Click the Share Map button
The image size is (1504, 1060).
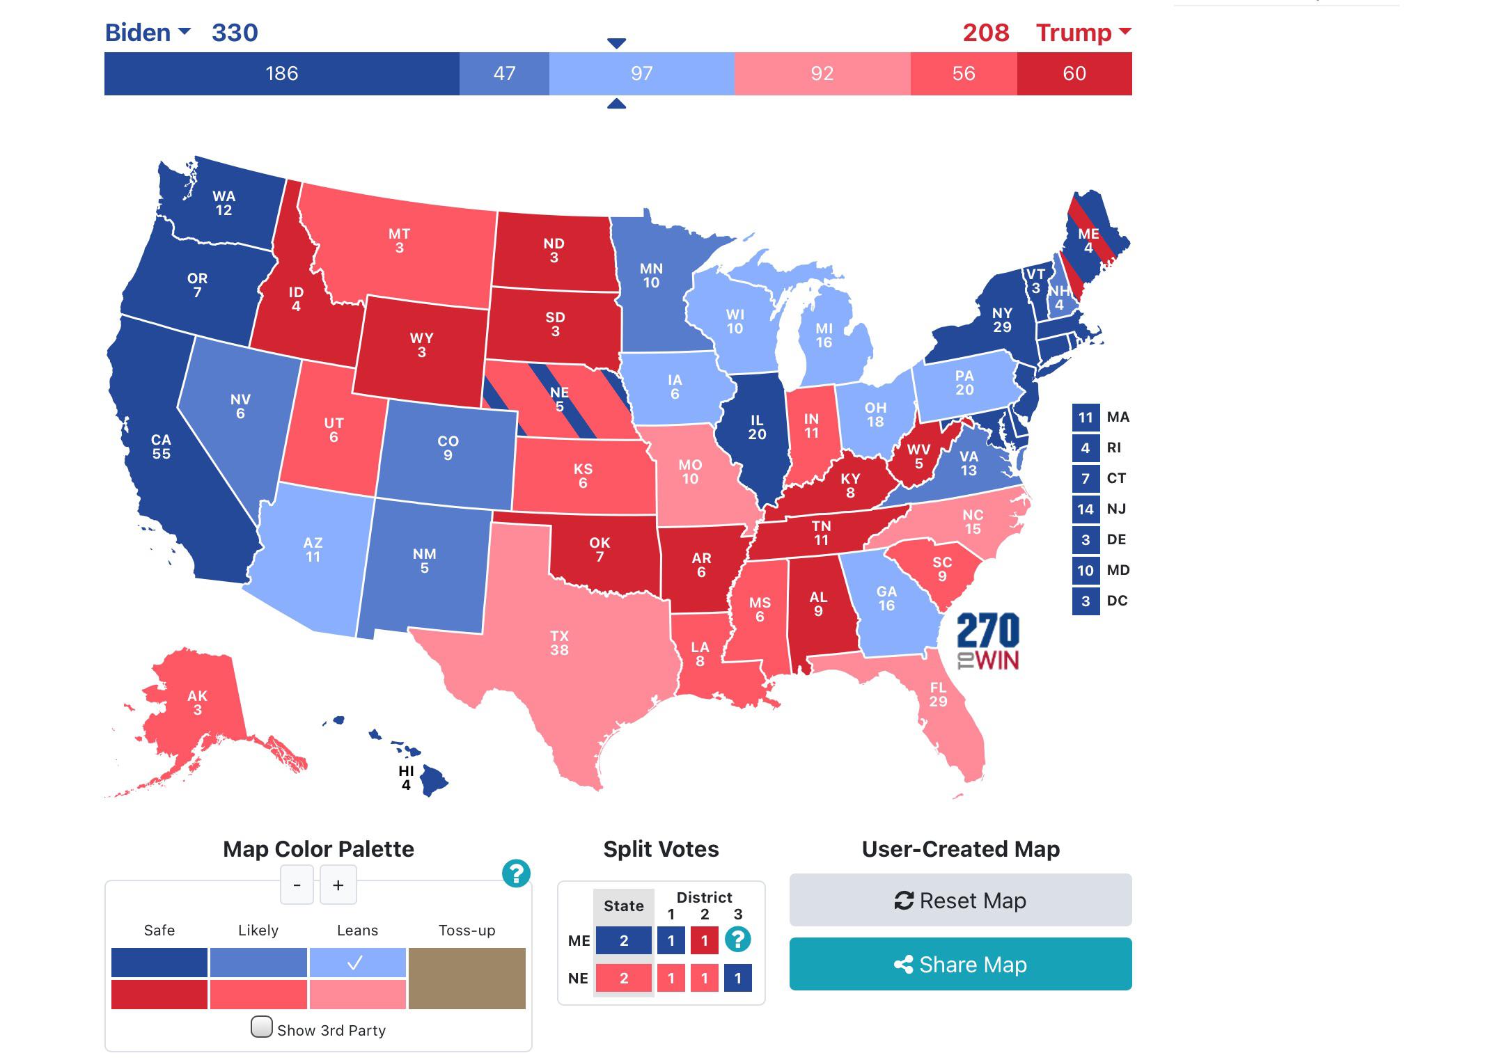960,964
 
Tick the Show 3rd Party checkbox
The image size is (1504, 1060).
262,1027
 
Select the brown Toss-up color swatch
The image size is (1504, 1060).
467,978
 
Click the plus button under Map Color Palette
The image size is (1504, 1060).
338,885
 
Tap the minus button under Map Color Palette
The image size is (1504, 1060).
297,885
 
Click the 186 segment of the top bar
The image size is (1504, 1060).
281,74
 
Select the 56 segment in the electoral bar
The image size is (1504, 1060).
963,74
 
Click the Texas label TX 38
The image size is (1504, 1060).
559,643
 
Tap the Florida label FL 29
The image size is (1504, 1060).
938,695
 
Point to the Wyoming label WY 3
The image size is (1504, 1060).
421,345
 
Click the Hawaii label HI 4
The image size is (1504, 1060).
406,777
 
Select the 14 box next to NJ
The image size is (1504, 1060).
1086,509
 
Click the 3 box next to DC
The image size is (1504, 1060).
1086,601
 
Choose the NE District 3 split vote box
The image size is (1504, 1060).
737,978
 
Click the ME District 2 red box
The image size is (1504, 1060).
704,940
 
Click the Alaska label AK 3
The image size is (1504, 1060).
197,702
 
